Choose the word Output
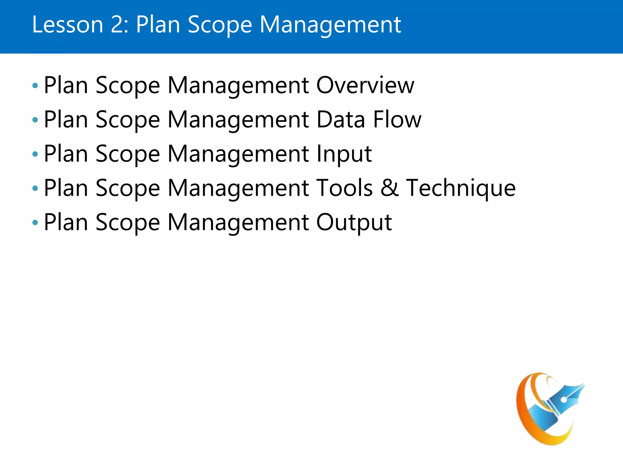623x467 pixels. (x=354, y=222)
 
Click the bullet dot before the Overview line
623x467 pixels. (x=35, y=86)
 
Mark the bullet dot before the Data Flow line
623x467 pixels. (x=35, y=120)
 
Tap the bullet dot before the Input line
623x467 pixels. (x=35, y=154)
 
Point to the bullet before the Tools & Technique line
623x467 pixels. (x=35, y=189)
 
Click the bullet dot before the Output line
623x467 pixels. (x=35, y=223)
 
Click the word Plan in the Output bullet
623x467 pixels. (x=66, y=222)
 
